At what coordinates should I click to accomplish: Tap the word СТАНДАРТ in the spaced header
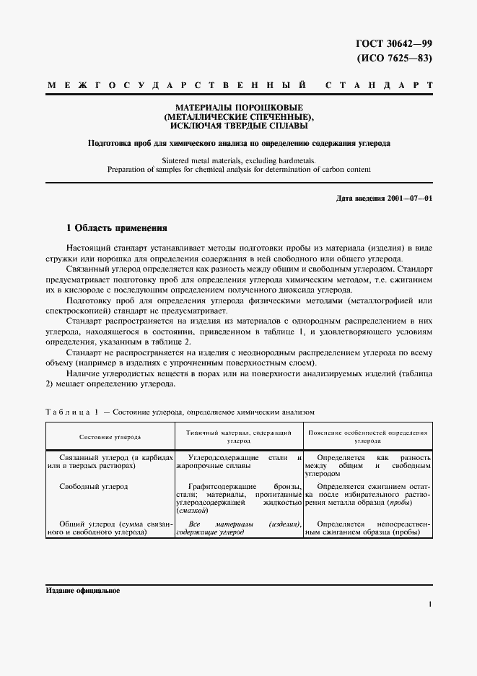pos(380,86)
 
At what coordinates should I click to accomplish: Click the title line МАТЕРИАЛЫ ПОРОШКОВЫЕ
pos(239,107)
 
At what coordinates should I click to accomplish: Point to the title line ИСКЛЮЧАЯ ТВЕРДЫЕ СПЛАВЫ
pos(239,126)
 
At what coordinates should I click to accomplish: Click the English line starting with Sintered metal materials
pos(239,160)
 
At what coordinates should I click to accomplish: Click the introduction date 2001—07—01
pos(409,198)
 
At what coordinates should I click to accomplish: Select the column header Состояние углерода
pos(110,437)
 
